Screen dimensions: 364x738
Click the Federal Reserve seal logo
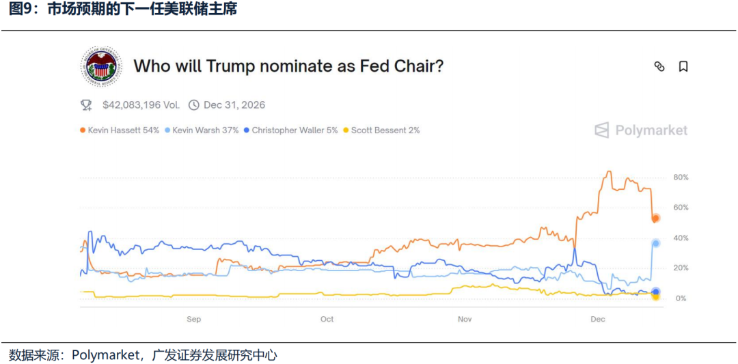pyautogui.click(x=102, y=66)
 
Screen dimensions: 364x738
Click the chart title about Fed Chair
pyautogui.click(x=288, y=66)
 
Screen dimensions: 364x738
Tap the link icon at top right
pyautogui.click(x=659, y=66)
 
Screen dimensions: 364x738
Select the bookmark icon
pyautogui.click(x=683, y=66)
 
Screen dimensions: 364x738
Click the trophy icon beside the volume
pyautogui.click(x=86, y=105)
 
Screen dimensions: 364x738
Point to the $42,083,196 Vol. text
pyautogui.click(x=141, y=105)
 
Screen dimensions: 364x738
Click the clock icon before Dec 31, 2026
pyautogui.click(x=194, y=105)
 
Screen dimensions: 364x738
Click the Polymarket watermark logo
pyautogui.click(x=641, y=130)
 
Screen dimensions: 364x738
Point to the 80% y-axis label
pyautogui.click(x=681, y=178)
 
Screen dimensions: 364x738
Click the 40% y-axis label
pyautogui.click(x=681, y=238)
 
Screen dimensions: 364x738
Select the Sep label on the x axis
pyautogui.click(x=193, y=319)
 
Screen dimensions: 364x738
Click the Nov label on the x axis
pyautogui.click(x=465, y=319)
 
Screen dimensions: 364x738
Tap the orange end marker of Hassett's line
pyautogui.click(x=655, y=218)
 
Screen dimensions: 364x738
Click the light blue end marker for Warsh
pyautogui.click(x=656, y=243)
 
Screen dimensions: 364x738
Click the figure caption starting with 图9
pyautogui.click(x=123, y=10)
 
